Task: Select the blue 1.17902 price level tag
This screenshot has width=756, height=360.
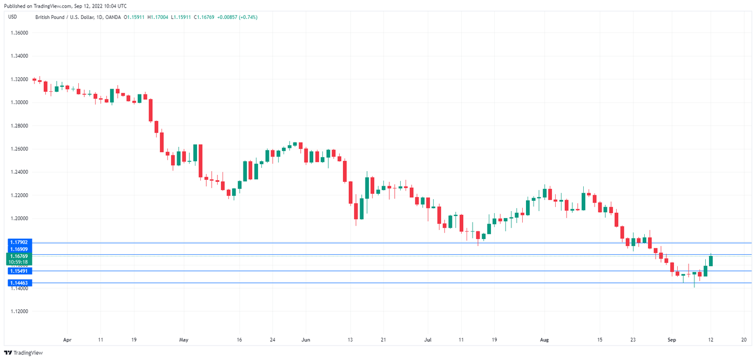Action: click(20, 243)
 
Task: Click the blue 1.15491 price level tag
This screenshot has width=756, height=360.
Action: click(20, 271)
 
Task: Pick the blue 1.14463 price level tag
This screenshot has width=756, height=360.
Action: click(20, 283)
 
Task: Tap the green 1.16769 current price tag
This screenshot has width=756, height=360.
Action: click(20, 255)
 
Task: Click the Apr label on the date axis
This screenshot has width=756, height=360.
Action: click(67, 341)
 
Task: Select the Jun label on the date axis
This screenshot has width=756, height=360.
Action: click(306, 341)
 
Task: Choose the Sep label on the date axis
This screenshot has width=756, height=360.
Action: click(672, 341)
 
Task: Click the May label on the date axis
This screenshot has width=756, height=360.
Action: click(184, 341)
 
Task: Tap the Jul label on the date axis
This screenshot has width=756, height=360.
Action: click(427, 341)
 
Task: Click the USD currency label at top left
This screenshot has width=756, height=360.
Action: click(11, 17)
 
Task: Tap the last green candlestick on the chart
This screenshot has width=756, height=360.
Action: click(711, 260)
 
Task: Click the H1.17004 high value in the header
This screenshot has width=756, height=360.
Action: click(159, 17)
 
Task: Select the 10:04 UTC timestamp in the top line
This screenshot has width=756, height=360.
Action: click(114, 6)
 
